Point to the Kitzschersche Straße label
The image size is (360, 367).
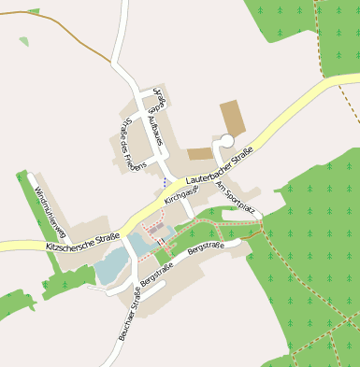pos(82,242)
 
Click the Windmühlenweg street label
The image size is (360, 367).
pos(48,208)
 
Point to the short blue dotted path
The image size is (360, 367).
pos(166,180)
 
